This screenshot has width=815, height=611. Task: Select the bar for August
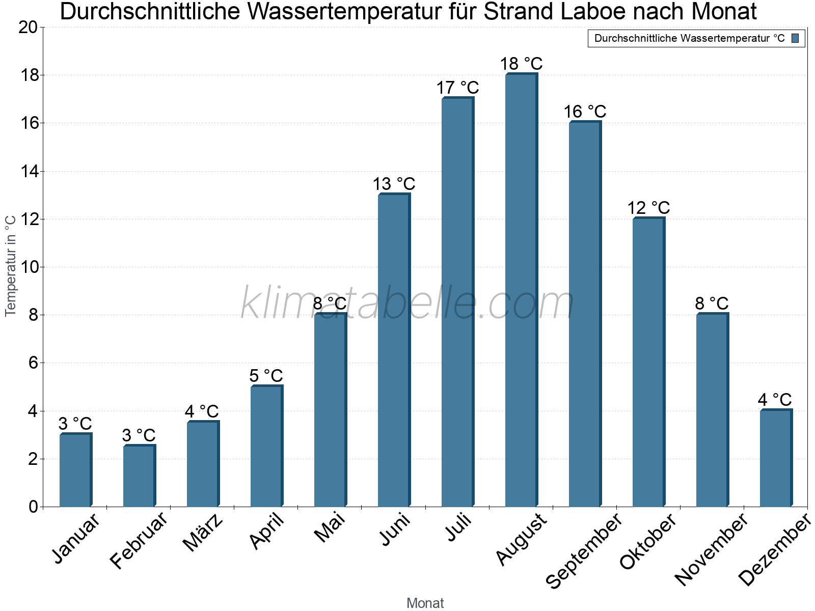tap(521, 290)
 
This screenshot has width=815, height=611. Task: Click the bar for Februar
tap(139, 476)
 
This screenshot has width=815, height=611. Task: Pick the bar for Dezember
tap(776, 458)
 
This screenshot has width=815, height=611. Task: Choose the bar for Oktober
tap(648, 362)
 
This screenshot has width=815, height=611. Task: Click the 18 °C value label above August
tap(521, 64)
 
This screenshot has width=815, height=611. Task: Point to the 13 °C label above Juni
tap(394, 184)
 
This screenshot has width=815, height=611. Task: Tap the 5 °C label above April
tap(266, 376)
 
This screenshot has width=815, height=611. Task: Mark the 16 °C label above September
tap(585, 112)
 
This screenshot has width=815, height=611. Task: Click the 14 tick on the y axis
tap(28, 172)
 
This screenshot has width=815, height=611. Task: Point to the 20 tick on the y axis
tap(28, 27)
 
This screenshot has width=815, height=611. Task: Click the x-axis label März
tap(203, 533)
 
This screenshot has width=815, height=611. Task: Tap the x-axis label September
tap(584, 551)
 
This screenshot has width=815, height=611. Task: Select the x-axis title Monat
tap(425, 603)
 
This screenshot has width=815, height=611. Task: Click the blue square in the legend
tap(796, 38)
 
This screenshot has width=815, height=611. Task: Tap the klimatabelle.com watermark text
tap(407, 304)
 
